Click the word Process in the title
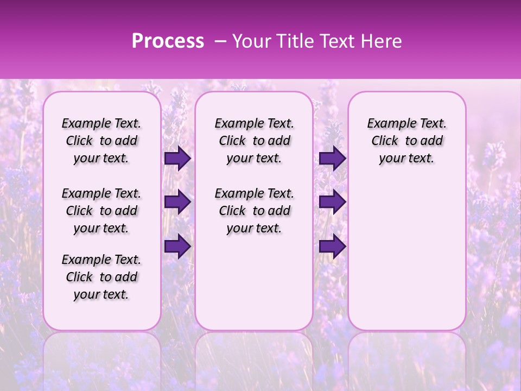point(168,41)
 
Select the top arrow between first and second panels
point(177,159)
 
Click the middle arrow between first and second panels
point(177,202)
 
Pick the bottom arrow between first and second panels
point(177,247)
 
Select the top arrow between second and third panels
point(332,159)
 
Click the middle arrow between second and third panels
point(332,202)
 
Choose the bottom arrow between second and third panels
point(332,247)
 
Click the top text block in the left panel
point(101,141)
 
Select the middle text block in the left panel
point(101,211)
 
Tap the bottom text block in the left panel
point(101,277)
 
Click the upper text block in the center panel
point(254,141)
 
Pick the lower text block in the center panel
point(254,211)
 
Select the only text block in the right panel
point(406,141)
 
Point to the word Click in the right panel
point(385,141)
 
